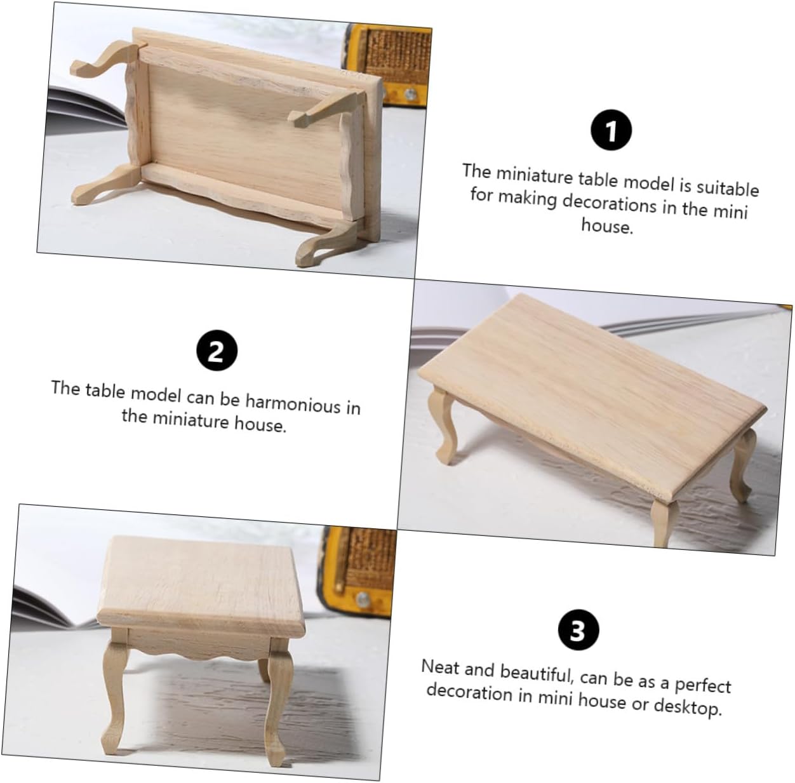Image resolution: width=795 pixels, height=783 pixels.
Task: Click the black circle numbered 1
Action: click(611, 130)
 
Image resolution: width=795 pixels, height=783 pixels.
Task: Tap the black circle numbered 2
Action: click(217, 351)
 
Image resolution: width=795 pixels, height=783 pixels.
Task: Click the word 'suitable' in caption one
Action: click(728, 188)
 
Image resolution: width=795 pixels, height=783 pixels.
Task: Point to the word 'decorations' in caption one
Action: click(609, 204)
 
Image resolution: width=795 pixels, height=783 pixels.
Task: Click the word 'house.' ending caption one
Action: click(606, 225)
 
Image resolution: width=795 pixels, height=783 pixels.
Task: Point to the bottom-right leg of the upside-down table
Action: click(327, 244)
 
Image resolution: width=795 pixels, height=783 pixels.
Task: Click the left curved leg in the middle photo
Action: click(443, 425)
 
